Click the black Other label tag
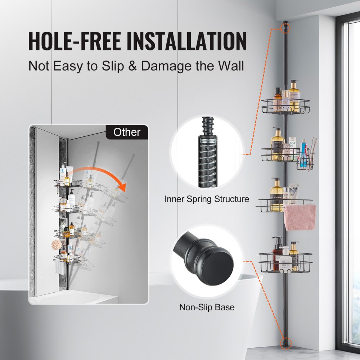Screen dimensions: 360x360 tap(127, 132)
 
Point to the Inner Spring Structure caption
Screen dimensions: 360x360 tap(207, 199)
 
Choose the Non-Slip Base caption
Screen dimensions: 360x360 tap(207, 307)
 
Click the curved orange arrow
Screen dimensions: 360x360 tap(108, 176)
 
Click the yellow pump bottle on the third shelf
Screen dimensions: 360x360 tap(276, 194)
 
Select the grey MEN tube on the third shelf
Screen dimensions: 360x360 tap(293, 193)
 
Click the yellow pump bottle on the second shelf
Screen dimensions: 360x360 tap(277, 144)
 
